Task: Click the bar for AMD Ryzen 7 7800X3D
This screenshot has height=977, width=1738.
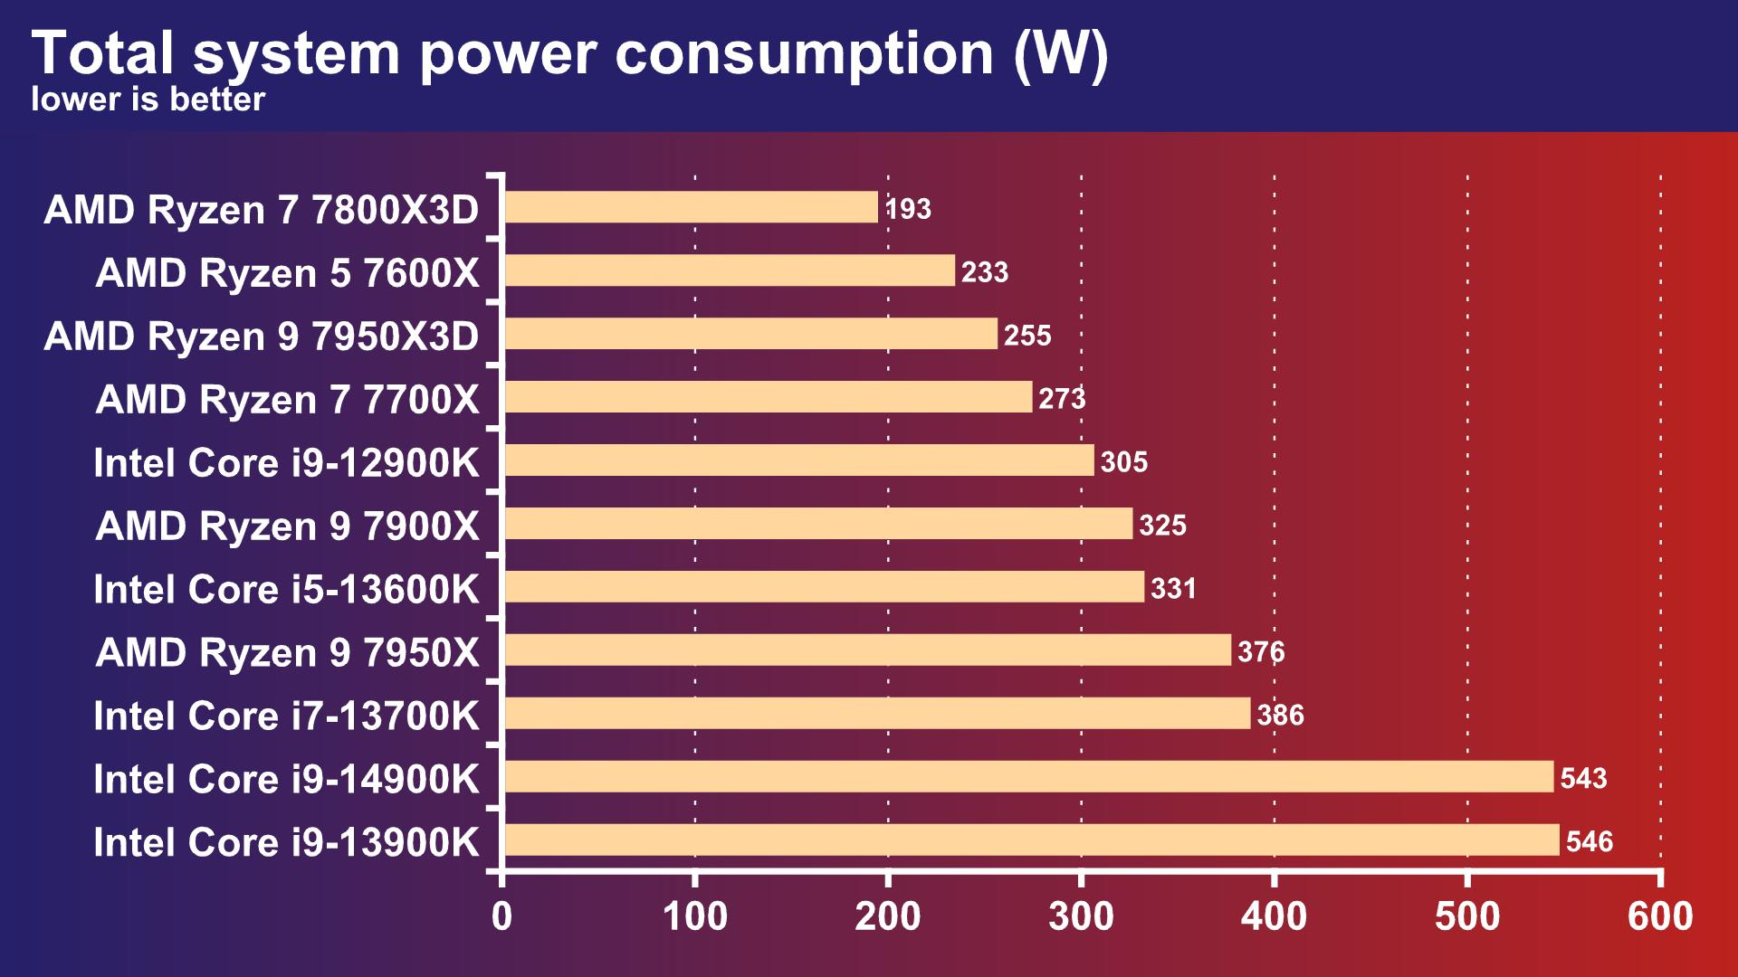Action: click(691, 207)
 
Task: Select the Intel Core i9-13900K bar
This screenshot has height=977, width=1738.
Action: click(1032, 839)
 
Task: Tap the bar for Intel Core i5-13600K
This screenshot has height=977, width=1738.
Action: click(824, 587)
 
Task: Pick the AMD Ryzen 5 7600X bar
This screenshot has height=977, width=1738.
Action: click(729, 270)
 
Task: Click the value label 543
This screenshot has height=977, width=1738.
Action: click(1583, 778)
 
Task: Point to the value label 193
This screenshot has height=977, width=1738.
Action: click(908, 209)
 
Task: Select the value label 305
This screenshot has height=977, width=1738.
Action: click(1124, 462)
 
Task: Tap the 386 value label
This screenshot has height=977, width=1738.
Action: click(1280, 716)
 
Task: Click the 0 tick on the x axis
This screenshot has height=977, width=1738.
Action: click(501, 916)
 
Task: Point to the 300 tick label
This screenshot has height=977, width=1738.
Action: click(1081, 916)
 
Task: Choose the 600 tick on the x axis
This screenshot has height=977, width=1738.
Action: click(1660, 916)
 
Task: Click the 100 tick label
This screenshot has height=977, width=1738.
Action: click(694, 916)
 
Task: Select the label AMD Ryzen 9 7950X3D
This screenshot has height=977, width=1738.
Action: click(261, 337)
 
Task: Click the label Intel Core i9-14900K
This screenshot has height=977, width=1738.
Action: click(286, 780)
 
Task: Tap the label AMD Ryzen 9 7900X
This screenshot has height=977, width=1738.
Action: click(287, 526)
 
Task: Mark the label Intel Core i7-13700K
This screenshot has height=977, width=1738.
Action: click(286, 716)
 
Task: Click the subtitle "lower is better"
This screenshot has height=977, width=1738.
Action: click(148, 100)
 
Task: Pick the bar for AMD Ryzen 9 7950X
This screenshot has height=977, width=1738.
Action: click(867, 650)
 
